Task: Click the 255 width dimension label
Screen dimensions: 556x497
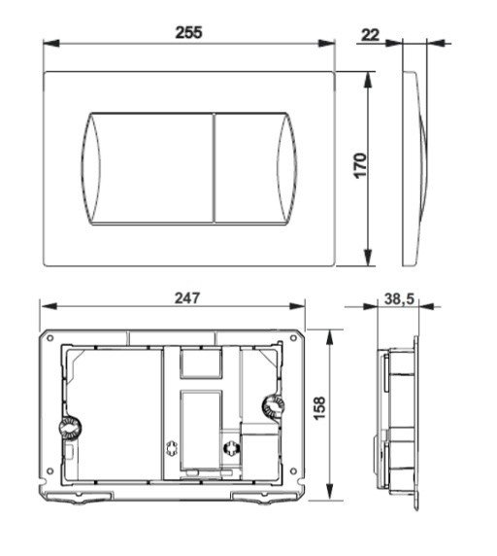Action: (x=189, y=32)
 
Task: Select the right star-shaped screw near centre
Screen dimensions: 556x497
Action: (x=231, y=449)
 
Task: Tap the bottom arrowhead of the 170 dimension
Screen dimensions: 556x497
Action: (x=368, y=260)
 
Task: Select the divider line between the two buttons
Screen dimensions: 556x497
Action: (x=214, y=168)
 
